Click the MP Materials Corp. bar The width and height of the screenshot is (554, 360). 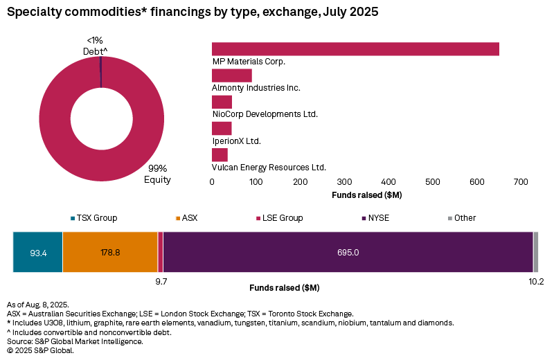(355, 48)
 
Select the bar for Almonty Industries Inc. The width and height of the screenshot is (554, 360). (231, 75)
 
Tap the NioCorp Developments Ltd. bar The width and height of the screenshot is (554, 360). (222, 102)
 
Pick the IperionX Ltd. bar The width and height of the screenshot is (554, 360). (222, 129)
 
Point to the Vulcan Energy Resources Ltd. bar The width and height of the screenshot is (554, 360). (220, 155)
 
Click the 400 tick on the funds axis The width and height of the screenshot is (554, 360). (388, 182)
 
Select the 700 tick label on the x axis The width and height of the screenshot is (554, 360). (521, 182)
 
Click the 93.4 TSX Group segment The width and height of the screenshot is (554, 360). (37, 253)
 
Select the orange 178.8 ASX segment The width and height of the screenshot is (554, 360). (110, 253)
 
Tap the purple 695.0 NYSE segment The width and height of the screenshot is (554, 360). (348, 253)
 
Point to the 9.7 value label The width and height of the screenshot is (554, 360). (161, 282)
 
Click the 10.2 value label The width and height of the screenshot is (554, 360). (536, 282)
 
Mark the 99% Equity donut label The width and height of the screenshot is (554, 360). (157, 174)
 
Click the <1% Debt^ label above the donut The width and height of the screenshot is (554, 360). (96, 46)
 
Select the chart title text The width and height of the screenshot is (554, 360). (193, 12)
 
